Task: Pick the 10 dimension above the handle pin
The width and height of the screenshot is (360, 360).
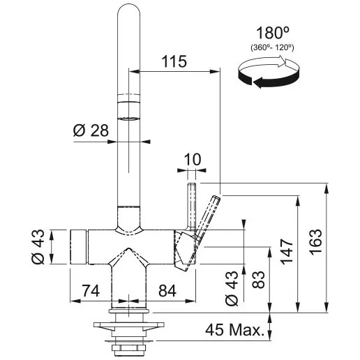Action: tap(192, 160)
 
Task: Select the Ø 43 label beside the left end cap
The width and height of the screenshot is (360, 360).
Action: tap(40, 248)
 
